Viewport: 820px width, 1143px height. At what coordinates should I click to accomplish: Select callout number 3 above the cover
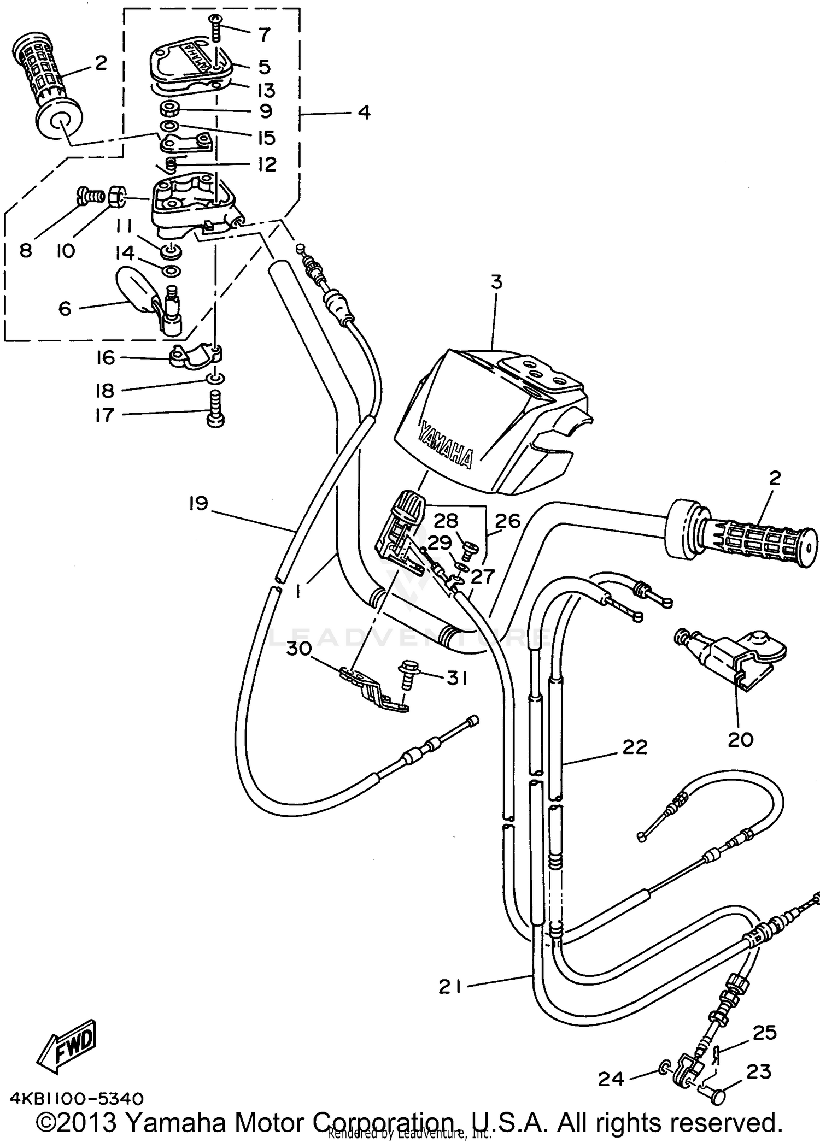(x=496, y=282)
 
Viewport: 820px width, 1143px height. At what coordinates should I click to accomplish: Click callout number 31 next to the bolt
(x=457, y=679)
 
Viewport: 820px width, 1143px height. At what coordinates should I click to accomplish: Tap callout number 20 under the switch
(x=740, y=740)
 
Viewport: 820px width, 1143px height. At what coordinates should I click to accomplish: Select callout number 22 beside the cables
(x=634, y=747)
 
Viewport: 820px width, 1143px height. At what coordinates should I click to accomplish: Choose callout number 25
(x=764, y=1033)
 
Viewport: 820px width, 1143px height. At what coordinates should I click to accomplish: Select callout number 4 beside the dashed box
(x=364, y=113)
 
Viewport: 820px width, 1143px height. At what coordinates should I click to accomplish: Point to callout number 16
(x=106, y=358)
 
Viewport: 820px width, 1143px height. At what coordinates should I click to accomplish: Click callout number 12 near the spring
(x=267, y=164)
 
